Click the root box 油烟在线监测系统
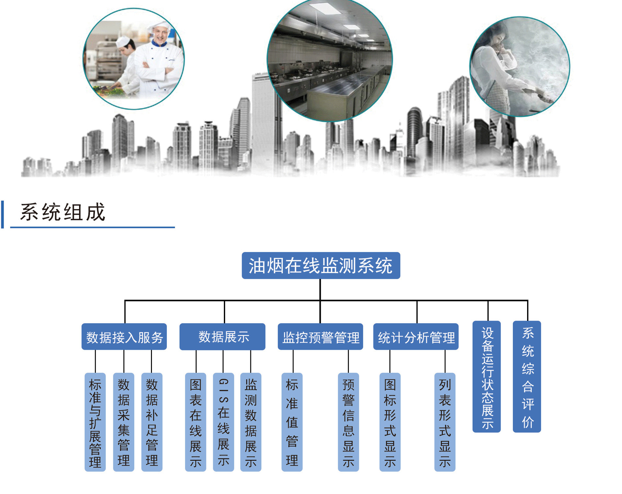(321, 265)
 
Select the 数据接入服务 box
(124, 336)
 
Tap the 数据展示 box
(222, 336)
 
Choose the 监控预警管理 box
(320, 336)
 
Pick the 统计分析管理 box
(416, 336)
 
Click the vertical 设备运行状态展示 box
(487, 377)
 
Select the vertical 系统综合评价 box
(527, 377)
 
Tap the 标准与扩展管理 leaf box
(95, 422)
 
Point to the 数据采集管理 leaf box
(123, 422)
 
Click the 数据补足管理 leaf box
(152, 422)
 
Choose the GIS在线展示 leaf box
(223, 422)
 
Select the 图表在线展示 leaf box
(195, 422)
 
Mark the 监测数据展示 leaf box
(250, 422)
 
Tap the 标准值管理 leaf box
(292, 422)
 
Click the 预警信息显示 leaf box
(348, 422)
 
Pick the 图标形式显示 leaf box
(390, 422)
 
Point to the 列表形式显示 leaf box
(444, 422)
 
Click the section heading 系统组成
(63, 212)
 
